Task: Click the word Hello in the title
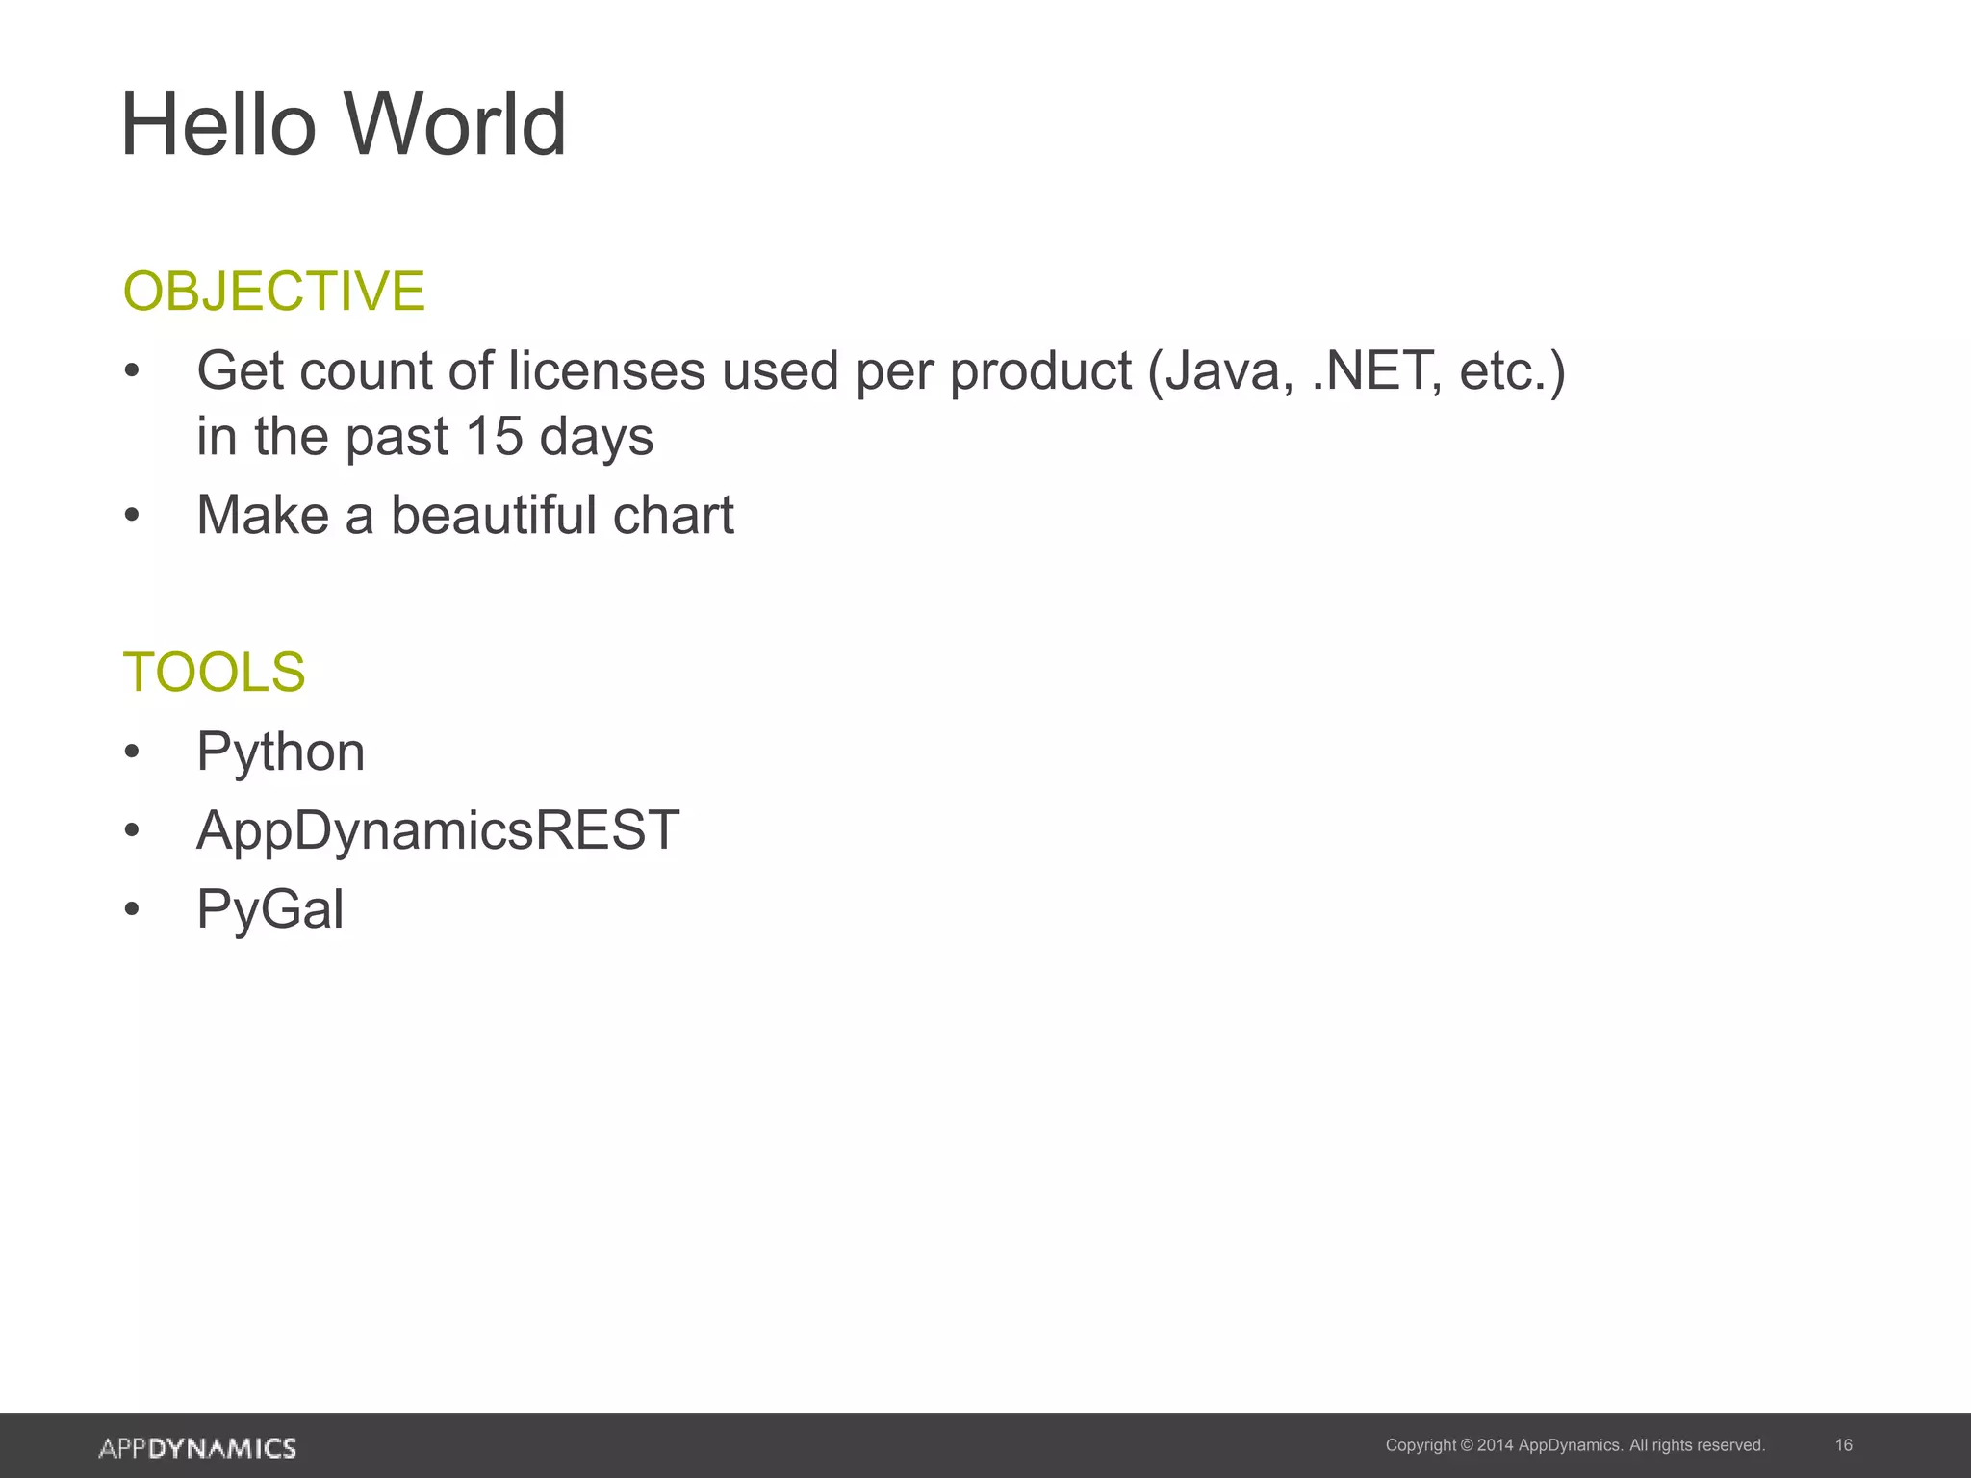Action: [218, 125]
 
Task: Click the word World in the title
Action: [455, 125]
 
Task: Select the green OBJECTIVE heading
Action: [273, 291]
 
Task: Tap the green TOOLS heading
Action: [214, 672]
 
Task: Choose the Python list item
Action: [280, 752]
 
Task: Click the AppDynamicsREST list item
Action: [438, 830]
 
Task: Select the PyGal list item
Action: [269, 909]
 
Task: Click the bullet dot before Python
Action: [132, 752]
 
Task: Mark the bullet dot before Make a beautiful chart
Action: [132, 516]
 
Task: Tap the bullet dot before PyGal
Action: [132, 910]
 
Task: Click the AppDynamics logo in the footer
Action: [197, 1448]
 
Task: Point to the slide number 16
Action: [1843, 1445]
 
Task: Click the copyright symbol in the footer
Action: [1467, 1445]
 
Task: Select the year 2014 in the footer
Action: [1495, 1445]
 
